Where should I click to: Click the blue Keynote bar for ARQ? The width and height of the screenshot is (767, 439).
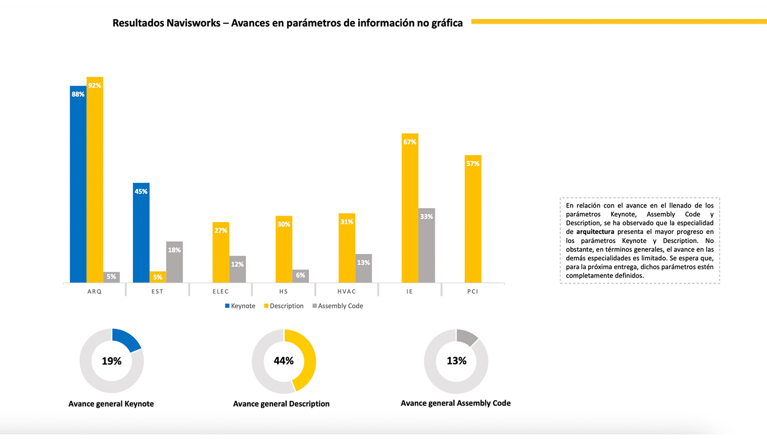(78, 185)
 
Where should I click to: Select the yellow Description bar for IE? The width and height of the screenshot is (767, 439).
(410, 210)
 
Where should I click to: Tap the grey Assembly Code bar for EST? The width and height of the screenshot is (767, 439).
(174, 262)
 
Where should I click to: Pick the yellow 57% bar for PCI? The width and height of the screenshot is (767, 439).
(473, 220)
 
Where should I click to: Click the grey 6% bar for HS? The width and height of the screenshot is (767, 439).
(301, 276)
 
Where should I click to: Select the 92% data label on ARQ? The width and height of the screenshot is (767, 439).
(95, 85)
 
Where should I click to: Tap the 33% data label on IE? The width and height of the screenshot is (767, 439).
(426, 216)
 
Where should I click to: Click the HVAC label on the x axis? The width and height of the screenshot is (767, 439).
(347, 291)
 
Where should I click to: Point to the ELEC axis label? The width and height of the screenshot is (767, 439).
(221, 291)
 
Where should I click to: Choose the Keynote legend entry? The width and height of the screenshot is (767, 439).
(240, 306)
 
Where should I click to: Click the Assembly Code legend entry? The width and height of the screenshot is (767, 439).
(338, 306)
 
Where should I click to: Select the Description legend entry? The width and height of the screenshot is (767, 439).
(284, 306)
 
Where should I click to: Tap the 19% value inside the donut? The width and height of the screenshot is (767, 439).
(111, 361)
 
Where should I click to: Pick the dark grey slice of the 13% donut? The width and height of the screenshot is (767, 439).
(466, 337)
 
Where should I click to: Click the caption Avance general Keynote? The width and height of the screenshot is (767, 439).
(111, 404)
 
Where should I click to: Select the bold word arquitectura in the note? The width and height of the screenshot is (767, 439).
(595, 232)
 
